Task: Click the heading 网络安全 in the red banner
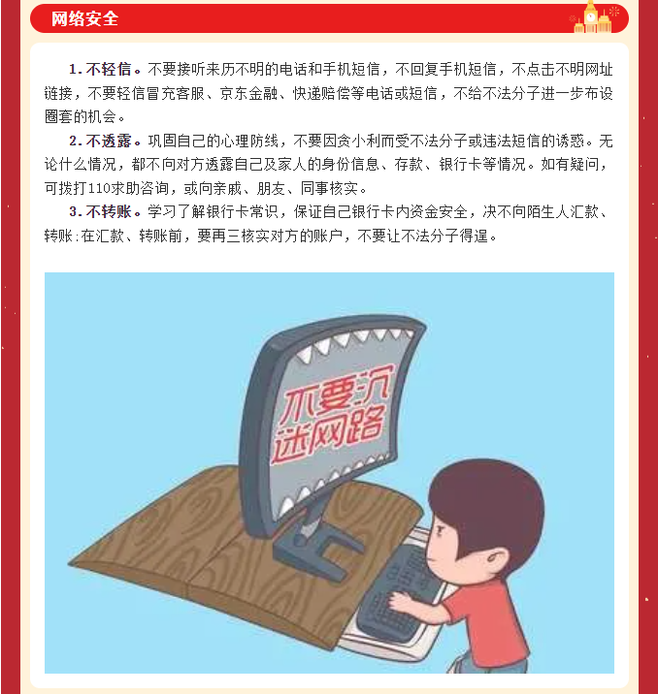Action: point(84,19)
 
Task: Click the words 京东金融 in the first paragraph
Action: point(248,93)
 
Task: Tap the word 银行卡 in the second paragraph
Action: point(460,165)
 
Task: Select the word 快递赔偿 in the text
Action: point(321,93)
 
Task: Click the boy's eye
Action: point(441,529)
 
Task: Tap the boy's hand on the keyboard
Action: point(400,600)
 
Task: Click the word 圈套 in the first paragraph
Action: point(59,117)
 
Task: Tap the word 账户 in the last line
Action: point(329,236)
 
